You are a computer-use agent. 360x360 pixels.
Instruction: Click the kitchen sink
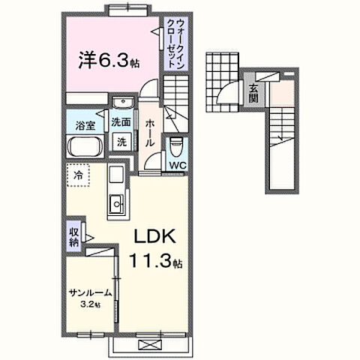[117, 203]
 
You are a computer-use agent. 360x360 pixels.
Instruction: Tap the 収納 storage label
[75, 235]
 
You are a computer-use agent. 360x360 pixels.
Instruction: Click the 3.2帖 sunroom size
[91, 306]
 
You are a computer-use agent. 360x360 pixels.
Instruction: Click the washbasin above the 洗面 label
[120, 103]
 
